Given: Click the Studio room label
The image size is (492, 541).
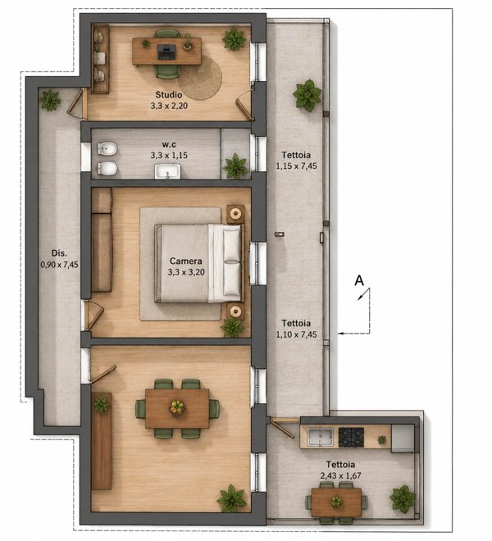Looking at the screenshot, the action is coord(168,94).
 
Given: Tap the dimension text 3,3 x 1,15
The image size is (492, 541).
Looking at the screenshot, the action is coord(169,155).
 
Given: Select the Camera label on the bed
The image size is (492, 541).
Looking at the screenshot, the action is coord(186,261).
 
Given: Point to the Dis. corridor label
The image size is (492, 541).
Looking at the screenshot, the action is coord(59,253).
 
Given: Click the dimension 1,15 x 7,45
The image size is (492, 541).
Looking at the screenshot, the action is coord(296,166).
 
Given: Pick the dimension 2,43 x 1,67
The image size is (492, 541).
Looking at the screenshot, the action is coord(340,475).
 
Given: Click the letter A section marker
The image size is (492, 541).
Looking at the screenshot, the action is coord(359,280).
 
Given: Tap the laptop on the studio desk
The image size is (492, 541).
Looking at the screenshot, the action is coord(166,52).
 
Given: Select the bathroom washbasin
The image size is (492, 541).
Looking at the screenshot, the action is coord(168,171).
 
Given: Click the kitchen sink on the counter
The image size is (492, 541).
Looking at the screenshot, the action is coord(321,438).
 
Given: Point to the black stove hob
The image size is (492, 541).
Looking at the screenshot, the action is coord(351,438).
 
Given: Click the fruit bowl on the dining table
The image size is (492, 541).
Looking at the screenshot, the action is coord(177,407).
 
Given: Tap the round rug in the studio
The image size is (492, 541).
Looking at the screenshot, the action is coord(200,78).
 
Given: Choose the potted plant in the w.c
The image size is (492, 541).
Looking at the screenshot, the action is coord(236,166).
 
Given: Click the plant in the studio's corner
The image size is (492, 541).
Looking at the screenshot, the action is coord(235,39).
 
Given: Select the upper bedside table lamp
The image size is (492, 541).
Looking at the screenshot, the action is coord(235,214).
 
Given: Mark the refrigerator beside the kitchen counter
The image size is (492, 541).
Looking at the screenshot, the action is coord(403,439).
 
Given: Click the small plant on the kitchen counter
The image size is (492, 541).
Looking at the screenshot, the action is coord(381,440).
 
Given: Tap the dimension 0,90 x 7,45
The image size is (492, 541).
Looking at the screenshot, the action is coord(59,265).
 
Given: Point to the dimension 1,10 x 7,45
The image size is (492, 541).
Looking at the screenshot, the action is coord(296,334).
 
